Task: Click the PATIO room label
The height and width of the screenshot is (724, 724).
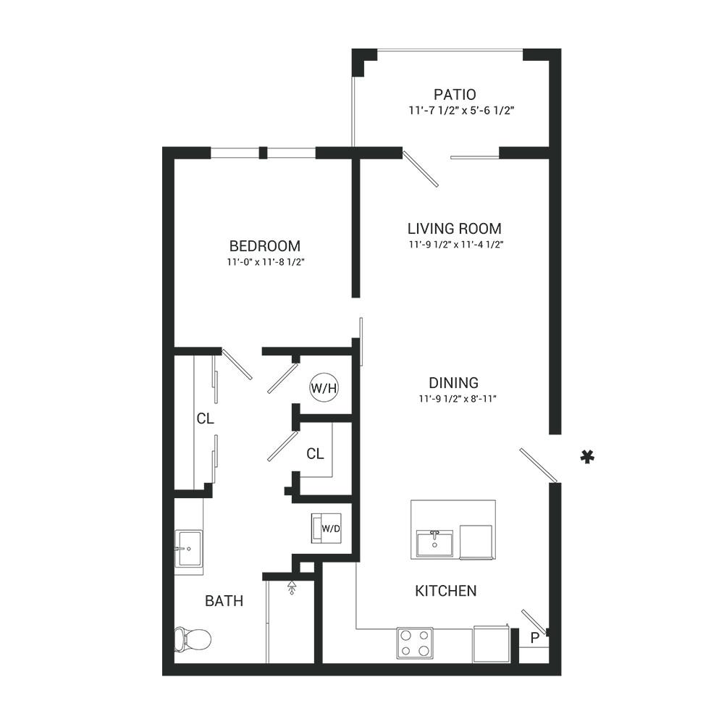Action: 455,95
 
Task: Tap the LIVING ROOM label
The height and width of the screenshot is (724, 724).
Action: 455,229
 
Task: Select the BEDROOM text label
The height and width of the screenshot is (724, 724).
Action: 264,245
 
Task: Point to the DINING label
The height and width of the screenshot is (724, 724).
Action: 453,383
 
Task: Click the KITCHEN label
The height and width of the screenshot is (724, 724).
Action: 445,591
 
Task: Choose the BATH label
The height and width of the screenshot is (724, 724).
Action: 224,601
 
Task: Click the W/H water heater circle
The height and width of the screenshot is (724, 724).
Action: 324,387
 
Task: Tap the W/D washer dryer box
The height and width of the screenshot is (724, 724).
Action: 327,529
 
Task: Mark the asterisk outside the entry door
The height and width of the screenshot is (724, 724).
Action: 587,457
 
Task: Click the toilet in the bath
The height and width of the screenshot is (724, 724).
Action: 193,639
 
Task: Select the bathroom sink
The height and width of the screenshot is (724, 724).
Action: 188,549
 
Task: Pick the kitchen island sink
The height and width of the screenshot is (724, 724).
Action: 435,544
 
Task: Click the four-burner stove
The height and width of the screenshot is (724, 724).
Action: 415,643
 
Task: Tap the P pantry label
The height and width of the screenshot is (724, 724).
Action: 535,638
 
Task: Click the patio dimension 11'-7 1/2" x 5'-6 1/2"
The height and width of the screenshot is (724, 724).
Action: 461,111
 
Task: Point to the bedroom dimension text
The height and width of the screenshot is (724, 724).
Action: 266,262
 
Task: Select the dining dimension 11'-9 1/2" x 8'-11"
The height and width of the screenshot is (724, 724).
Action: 457,398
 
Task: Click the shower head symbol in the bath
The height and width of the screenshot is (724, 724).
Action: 291,587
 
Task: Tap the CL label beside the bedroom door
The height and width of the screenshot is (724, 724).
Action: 206,418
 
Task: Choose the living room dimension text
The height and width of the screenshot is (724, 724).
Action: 455,245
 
